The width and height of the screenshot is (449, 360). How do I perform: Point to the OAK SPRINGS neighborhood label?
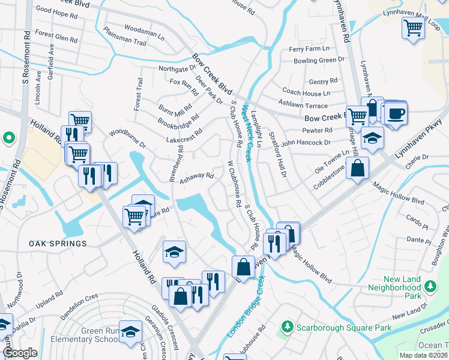pyautogui.click(x=58, y=244)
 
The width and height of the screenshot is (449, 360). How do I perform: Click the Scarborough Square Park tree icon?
pyautogui.click(x=288, y=328)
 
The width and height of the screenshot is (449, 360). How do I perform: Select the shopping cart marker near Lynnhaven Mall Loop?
pyautogui.click(x=414, y=27)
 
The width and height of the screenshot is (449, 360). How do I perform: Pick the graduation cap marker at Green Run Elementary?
pyautogui.click(x=131, y=331)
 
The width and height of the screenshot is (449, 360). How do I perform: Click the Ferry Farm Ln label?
pyautogui.click(x=309, y=49)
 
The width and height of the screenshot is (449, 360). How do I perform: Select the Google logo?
pyautogui.click(x=20, y=353)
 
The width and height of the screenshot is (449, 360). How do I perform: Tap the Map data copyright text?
pyautogui.click(x=423, y=355)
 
